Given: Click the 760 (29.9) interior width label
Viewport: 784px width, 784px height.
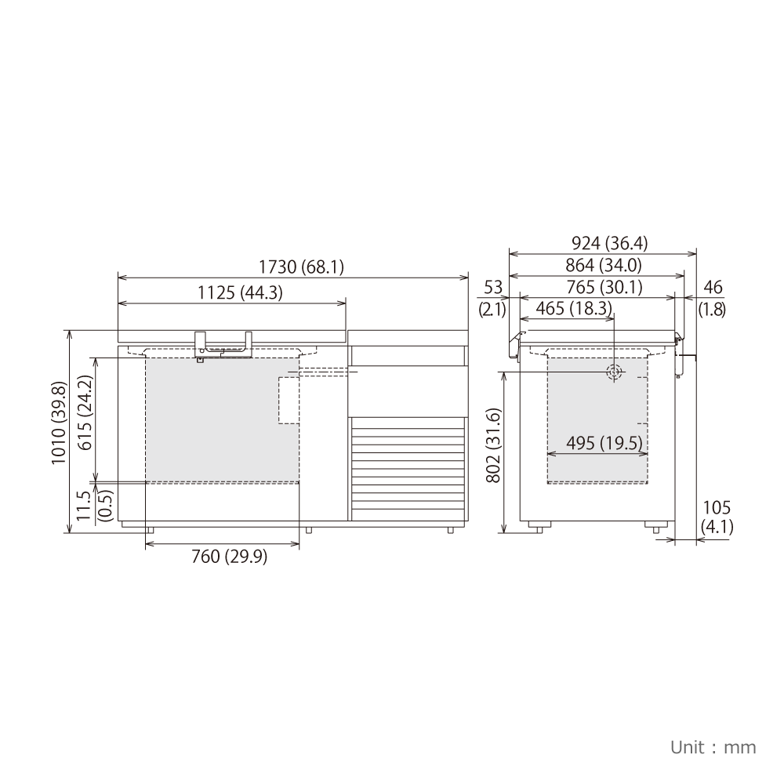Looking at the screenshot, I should (x=230, y=557).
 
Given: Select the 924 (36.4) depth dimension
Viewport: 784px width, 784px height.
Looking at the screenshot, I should (x=602, y=243).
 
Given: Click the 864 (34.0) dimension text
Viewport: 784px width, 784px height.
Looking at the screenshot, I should (x=603, y=266).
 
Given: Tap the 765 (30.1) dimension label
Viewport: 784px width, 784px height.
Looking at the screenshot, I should (x=604, y=288).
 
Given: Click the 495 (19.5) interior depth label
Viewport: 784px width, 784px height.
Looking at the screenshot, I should (x=597, y=444).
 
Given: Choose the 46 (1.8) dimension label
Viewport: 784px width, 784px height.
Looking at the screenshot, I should (x=712, y=298).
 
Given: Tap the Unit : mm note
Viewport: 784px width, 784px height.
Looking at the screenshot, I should (x=713, y=747).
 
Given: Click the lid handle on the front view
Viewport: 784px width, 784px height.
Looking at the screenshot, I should (x=224, y=344).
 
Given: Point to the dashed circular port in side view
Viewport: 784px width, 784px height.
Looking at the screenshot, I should (x=614, y=372).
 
